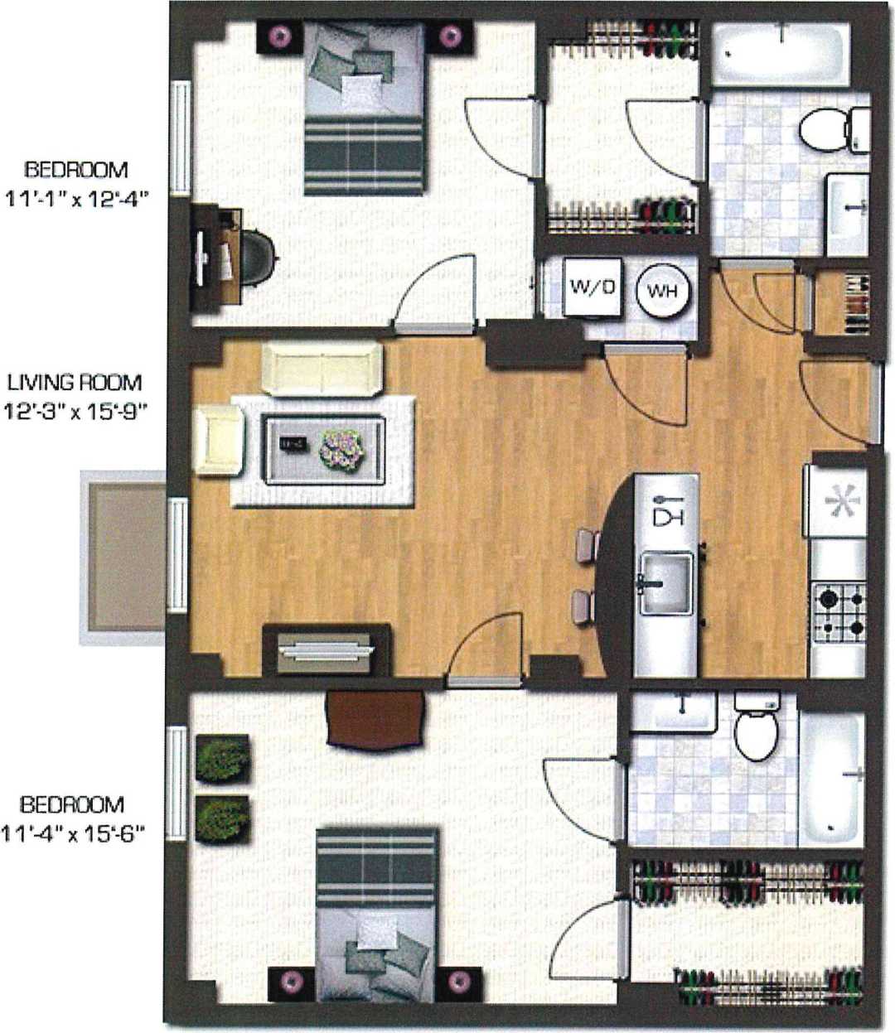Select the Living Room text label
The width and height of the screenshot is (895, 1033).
point(75,383)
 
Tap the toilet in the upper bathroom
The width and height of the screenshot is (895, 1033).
point(832,128)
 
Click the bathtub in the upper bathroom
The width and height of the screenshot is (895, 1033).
point(781,55)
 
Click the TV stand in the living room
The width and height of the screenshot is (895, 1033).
point(326,649)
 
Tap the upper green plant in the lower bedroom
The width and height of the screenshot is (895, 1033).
point(222,756)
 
